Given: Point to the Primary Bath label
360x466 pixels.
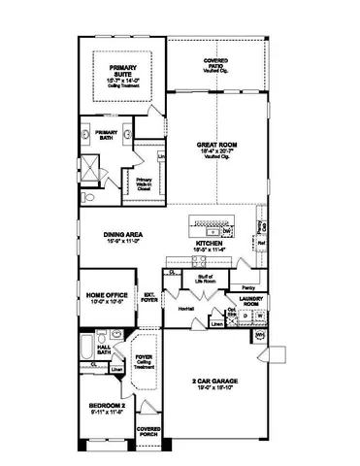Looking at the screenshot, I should [106, 134].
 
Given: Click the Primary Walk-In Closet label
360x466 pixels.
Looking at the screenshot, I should [144, 183].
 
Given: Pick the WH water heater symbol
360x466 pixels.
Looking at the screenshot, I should [260, 336].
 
